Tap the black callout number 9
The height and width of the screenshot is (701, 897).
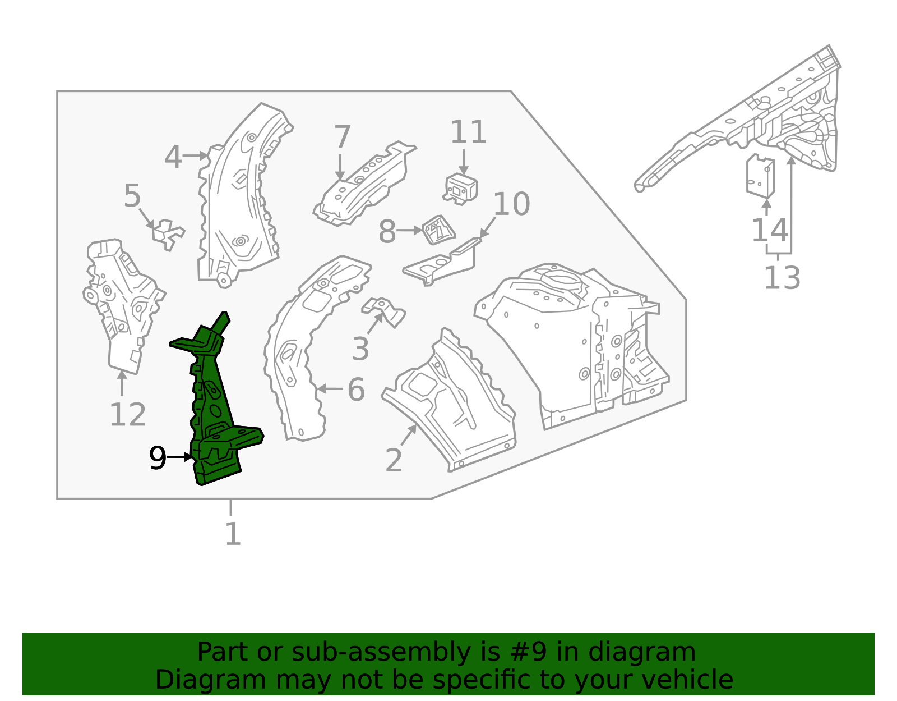(x=158, y=459)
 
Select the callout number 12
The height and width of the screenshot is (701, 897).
(x=127, y=415)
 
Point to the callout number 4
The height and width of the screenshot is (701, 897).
(x=173, y=157)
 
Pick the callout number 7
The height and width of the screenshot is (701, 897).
(x=342, y=138)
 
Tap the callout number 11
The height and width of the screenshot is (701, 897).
(x=469, y=132)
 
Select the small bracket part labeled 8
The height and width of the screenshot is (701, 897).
(x=438, y=230)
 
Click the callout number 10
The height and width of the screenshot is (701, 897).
(x=511, y=204)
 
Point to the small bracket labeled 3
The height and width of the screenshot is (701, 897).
(x=385, y=310)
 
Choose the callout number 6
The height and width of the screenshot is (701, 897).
(x=356, y=390)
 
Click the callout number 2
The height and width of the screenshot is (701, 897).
(x=394, y=460)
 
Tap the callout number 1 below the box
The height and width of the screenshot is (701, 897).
(x=233, y=534)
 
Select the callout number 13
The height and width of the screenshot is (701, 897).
(x=782, y=278)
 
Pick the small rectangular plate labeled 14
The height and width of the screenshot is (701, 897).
(x=760, y=176)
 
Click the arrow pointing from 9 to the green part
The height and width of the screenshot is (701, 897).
(x=181, y=457)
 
